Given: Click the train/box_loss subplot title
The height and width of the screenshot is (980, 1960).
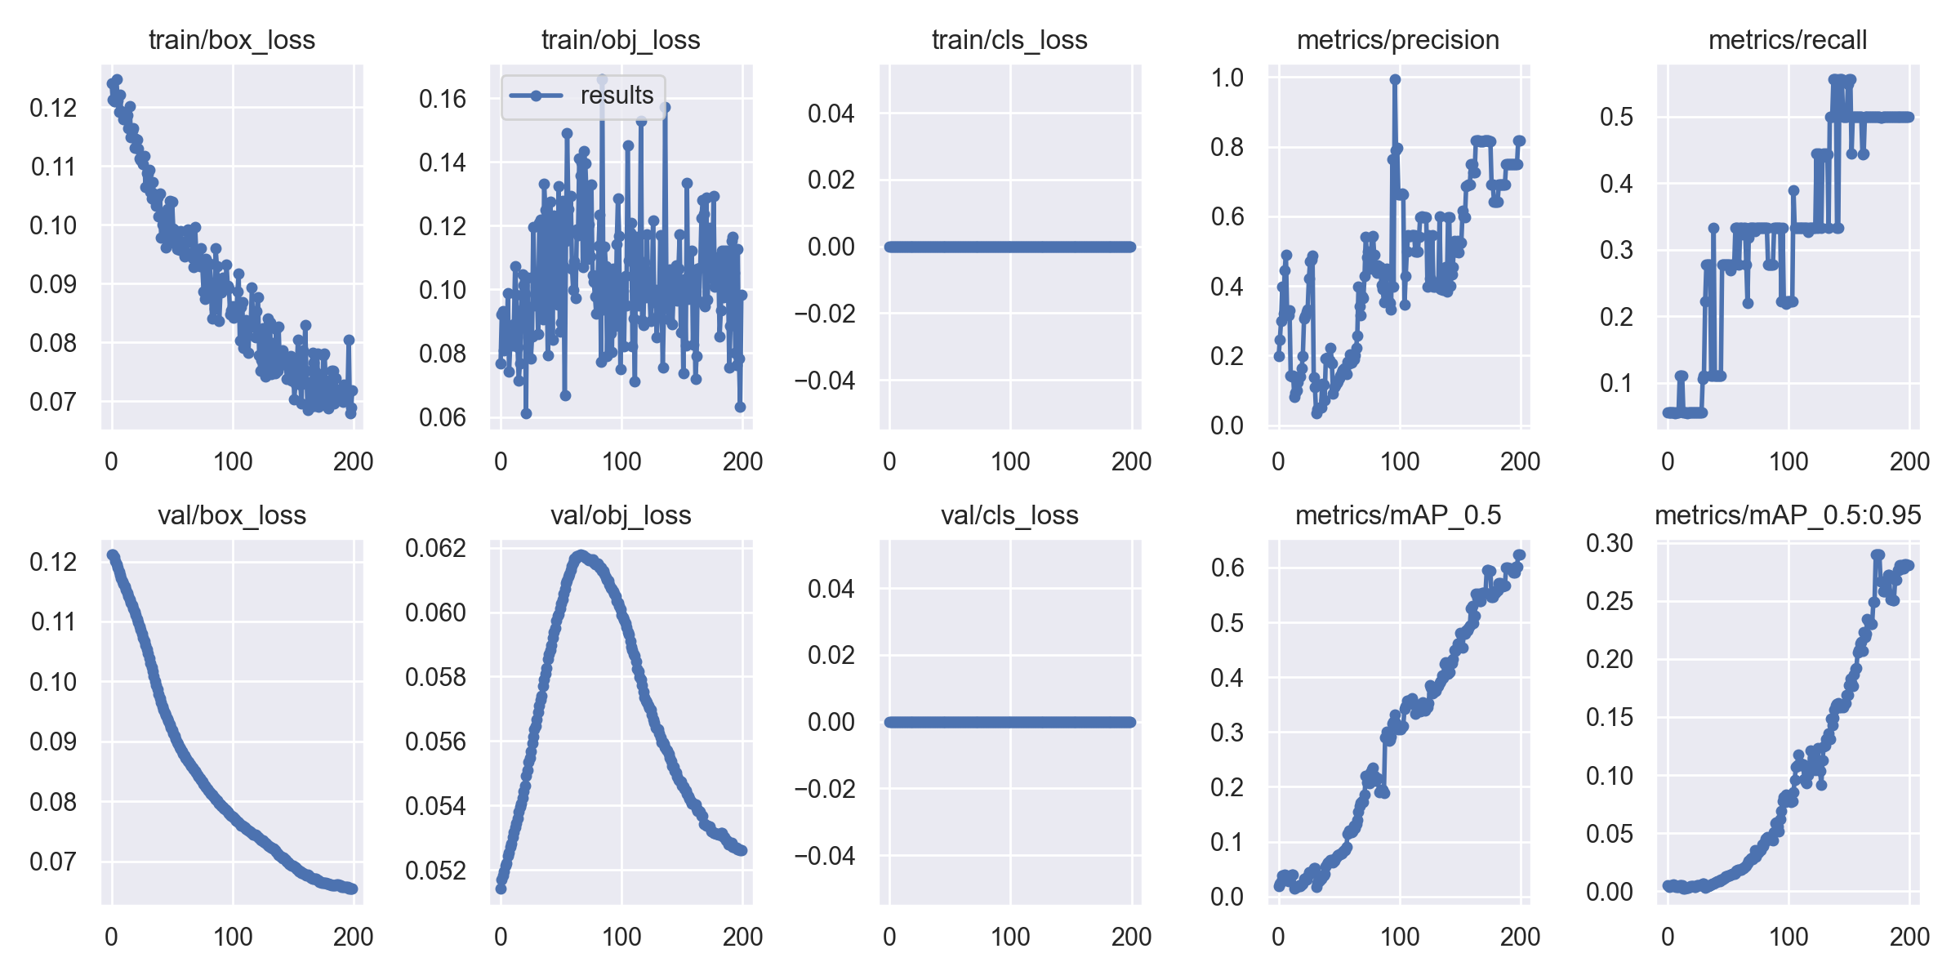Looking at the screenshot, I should pos(232,40).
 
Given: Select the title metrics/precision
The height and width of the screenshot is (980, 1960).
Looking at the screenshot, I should pos(1397,40).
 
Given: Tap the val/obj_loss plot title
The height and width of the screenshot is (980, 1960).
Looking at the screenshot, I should pos(621,515).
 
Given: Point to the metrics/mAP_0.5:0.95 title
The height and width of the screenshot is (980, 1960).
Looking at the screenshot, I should pos(1788,515).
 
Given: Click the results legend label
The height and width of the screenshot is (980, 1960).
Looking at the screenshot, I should pos(617,96).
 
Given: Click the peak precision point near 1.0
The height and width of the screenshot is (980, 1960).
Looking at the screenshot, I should pos(1395,80).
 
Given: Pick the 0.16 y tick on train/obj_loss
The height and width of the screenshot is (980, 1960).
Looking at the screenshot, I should pos(443,100).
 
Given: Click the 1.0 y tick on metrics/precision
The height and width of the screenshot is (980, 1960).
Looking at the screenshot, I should pos(1227,78).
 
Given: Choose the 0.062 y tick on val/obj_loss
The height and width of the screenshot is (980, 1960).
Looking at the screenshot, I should pos(435,548).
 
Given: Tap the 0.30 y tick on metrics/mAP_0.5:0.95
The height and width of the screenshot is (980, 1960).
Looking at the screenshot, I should pos(1609,543).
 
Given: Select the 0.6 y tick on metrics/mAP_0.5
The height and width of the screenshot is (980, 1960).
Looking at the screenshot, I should pos(1227,568).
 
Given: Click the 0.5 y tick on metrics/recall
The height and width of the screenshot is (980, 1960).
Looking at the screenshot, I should pos(1617,117).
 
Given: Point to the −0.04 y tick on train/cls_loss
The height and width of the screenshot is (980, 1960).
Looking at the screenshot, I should pos(825,381).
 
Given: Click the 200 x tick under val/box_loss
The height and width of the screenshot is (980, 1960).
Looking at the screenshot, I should pos(353,937).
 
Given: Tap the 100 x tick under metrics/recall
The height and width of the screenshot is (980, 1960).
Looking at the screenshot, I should pos(1788,461).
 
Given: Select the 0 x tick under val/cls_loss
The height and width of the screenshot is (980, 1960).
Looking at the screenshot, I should pos(889,937).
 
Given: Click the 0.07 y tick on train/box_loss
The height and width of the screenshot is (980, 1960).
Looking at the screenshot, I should pos(53,402).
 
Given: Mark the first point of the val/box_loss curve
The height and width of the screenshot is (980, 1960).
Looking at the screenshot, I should pos(113,555).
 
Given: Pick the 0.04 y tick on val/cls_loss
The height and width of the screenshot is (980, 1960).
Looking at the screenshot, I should pos(831,589).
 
